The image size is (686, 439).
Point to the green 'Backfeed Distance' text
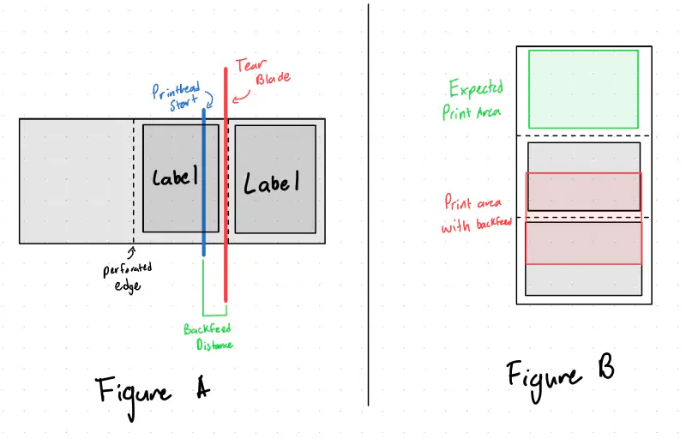click(x=208, y=336)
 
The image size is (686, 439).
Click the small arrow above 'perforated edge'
click(x=131, y=252)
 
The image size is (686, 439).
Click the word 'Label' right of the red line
click(x=273, y=183)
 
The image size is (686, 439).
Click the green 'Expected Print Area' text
click(x=475, y=99)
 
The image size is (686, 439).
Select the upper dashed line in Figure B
click(x=583, y=135)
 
